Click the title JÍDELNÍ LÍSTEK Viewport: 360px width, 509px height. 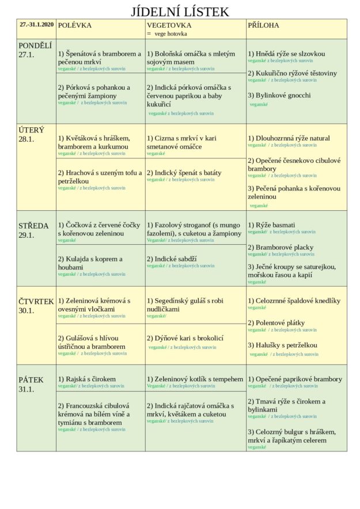coord(180,12)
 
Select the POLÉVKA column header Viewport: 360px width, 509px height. coord(75,25)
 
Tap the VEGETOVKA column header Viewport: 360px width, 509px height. coord(168,25)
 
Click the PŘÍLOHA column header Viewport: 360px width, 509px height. coord(263,25)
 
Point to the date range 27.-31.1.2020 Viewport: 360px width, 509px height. coord(36,24)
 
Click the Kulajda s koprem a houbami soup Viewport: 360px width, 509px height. coord(90,263)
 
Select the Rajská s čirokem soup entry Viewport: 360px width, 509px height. coord(87,379)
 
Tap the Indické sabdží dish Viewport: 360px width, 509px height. coord(172,259)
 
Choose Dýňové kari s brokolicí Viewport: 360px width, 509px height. coord(185,339)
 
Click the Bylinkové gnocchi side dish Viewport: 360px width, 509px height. coord(279,95)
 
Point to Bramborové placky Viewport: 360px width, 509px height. coord(281,247)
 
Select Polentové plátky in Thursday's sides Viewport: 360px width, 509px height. coord(276,323)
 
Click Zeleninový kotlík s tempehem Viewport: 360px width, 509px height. coord(195,379)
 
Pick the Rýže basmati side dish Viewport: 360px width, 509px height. coord(271,225)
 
